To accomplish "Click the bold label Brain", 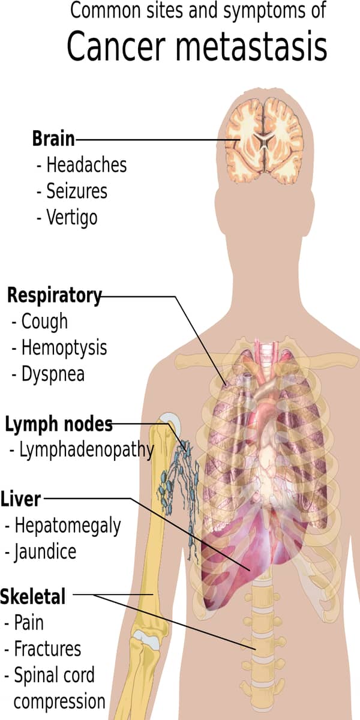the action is tap(53, 139).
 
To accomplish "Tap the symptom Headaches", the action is tap(86, 164).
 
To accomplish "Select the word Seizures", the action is tap(77, 191).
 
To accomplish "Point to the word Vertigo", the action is tap(71, 217).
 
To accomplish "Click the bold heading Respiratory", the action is tap(54, 295).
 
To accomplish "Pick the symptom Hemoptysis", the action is tap(64, 347).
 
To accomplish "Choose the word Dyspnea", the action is tap(53, 374).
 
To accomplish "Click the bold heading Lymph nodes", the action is tap(59, 425).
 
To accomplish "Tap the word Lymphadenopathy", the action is tap(86, 450).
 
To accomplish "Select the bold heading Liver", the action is tap(21, 499).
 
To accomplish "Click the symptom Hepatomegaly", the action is tap(67, 526).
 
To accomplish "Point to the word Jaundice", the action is tap(45, 551).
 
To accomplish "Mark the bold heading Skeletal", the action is tap(33, 597).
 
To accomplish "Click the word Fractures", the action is tap(47, 649).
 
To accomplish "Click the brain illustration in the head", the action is tap(264, 142).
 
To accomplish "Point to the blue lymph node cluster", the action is tap(180, 486).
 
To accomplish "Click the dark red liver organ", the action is tap(240, 558).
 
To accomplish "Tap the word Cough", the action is tap(44, 321).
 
